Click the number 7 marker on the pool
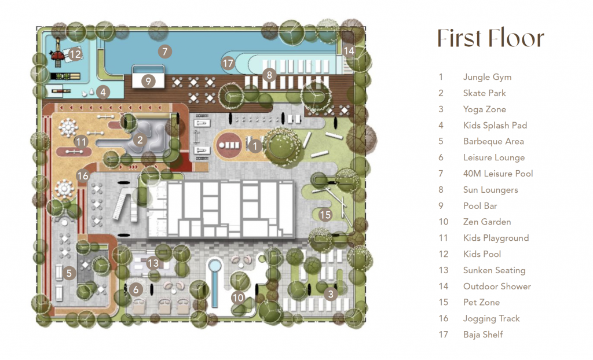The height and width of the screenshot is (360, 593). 164,52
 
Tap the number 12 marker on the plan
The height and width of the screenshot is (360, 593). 75,54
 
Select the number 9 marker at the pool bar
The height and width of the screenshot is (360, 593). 148,81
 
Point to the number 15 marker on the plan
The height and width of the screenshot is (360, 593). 325,215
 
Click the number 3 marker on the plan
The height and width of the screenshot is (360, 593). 331,294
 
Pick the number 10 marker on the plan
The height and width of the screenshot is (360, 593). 238,297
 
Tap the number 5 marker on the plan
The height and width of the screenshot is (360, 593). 69,273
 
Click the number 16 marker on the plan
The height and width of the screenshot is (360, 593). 82,175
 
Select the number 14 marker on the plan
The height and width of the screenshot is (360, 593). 349,51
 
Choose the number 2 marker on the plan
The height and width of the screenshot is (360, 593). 140,140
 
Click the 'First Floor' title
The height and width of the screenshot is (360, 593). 490,38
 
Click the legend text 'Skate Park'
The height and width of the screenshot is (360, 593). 485,93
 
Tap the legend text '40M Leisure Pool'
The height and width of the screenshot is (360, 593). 498,174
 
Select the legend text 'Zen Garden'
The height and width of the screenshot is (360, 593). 487,222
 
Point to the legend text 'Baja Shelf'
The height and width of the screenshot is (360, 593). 483,335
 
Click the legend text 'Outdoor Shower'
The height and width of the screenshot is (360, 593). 497,286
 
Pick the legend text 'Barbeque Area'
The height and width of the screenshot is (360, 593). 493,141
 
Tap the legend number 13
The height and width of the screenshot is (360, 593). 443,270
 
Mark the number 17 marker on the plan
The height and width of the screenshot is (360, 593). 228,63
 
